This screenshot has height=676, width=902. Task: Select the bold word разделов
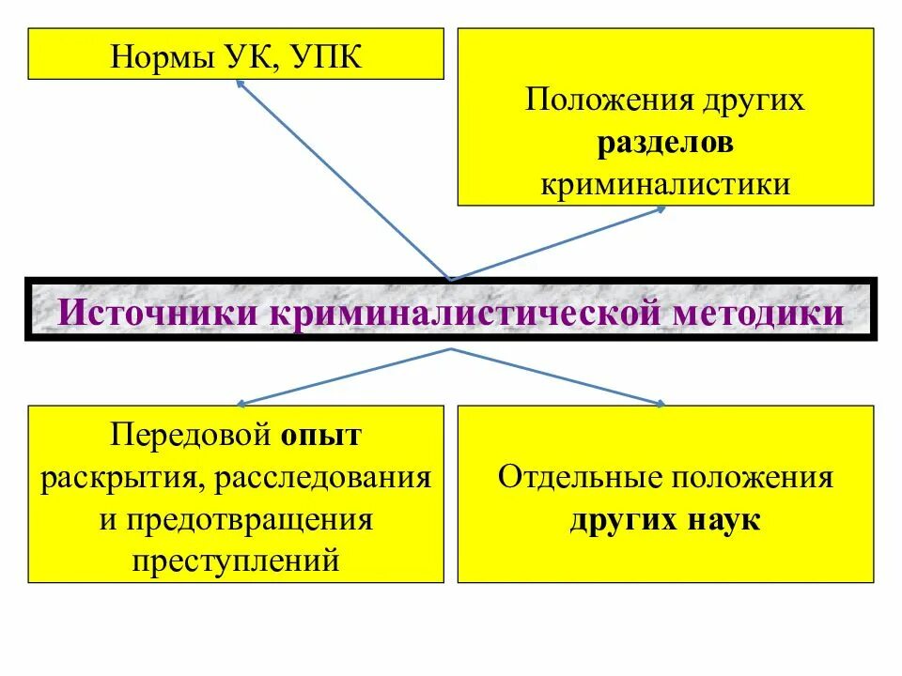tap(665, 143)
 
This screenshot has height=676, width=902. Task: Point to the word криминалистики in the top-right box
tap(665, 184)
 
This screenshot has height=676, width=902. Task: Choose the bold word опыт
tap(320, 436)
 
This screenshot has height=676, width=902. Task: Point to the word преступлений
tap(235, 561)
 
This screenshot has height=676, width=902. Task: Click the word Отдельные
tap(577, 477)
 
